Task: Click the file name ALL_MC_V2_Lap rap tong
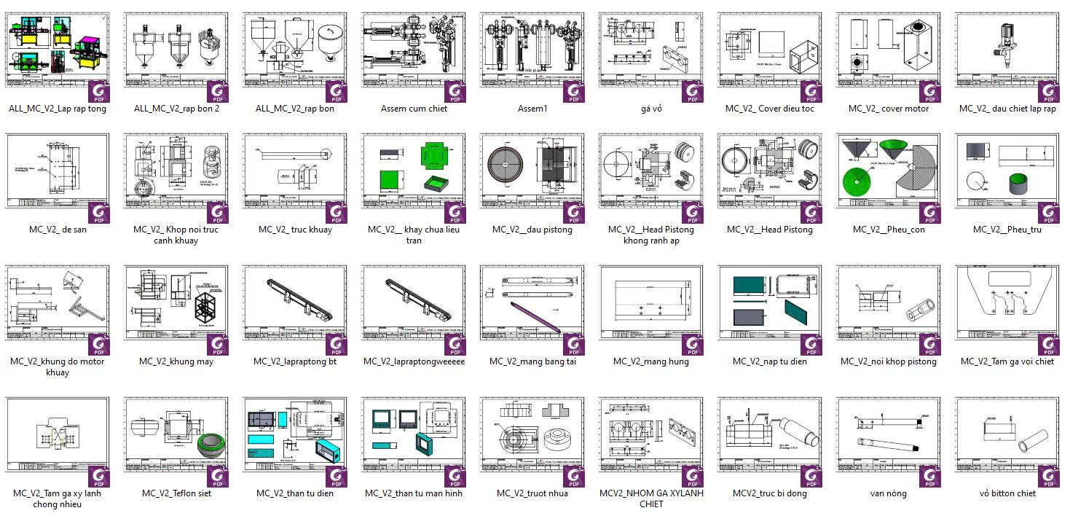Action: (x=58, y=109)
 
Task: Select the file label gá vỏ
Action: (x=651, y=109)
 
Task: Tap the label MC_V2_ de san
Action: (x=58, y=230)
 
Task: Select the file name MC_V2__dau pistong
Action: (x=532, y=230)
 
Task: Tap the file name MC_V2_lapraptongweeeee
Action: (x=414, y=361)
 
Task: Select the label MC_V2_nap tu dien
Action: (x=770, y=361)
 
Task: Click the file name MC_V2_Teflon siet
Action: (x=176, y=493)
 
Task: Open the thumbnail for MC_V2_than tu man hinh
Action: (x=414, y=435)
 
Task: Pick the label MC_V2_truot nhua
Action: (x=532, y=493)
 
